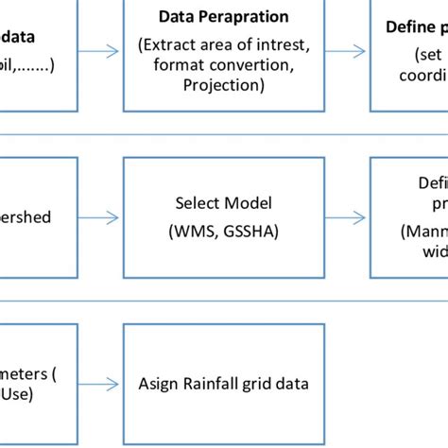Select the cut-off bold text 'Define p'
(x=415, y=28)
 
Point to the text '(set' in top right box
(x=430, y=54)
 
